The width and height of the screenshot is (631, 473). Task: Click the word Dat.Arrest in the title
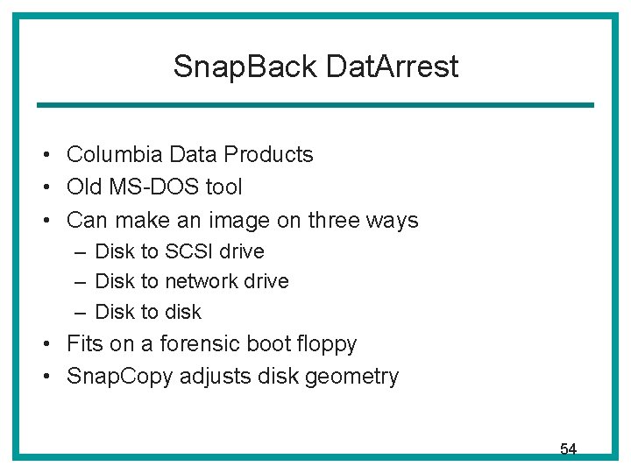point(391,67)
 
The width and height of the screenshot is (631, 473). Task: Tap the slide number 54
point(568,449)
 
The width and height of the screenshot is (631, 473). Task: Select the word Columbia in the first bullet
point(114,155)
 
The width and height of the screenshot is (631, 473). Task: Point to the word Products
point(268,155)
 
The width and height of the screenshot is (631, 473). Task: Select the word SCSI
point(188,251)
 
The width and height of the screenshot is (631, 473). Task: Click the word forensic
point(234,344)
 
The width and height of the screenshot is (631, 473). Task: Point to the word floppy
point(326,344)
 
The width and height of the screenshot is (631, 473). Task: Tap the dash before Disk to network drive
point(80,281)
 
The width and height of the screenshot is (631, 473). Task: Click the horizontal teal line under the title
point(315,106)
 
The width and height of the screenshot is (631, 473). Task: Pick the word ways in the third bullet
point(394,221)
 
